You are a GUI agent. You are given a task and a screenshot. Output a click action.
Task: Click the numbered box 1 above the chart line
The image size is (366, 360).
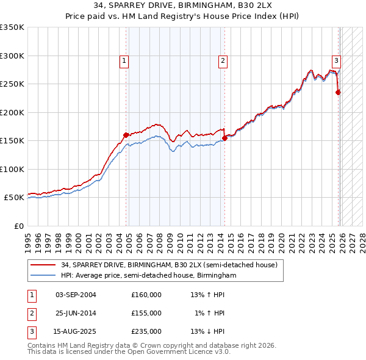click(x=124, y=60)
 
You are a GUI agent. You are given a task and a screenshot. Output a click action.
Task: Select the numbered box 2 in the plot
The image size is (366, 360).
click(x=223, y=60)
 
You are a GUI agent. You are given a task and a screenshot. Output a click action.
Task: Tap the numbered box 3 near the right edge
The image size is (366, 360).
click(x=336, y=60)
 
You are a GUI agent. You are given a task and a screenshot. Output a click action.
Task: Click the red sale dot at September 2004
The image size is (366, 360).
click(x=126, y=135)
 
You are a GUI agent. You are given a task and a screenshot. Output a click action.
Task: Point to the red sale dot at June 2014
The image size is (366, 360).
click(x=224, y=138)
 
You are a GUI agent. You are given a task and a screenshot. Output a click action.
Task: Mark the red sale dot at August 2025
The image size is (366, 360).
click(x=339, y=93)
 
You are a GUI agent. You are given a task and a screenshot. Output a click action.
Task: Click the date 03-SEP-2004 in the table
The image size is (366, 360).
click(x=76, y=294)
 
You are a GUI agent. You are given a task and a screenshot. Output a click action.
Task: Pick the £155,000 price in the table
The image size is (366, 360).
click(x=146, y=312)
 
